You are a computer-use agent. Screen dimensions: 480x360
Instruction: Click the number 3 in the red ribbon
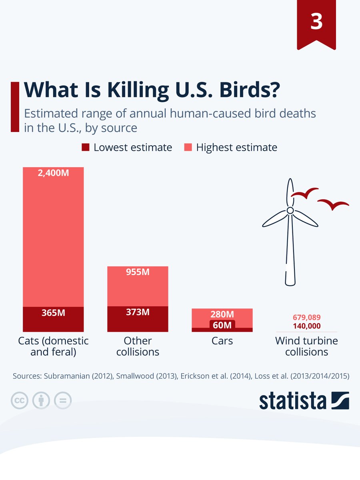pyautogui.click(x=316, y=22)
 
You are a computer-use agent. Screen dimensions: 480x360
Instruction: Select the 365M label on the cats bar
pyautogui.click(x=53, y=313)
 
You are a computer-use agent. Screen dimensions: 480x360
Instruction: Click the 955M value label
pyautogui.click(x=138, y=272)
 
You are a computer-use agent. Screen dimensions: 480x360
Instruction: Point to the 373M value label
pyautogui.click(x=138, y=312)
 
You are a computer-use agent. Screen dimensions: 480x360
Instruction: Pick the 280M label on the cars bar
pyautogui.click(x=222, y=315)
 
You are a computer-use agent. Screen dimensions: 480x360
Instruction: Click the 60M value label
pyautogui.click(x=222, y=325)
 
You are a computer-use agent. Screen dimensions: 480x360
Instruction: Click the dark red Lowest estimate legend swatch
pyautogui.click(x=85, y=147)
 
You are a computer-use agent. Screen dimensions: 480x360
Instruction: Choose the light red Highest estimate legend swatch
pyautogui.click(x=188, y=147)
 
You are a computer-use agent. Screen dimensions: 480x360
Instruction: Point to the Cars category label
pyautogui.click(x=222, y=341)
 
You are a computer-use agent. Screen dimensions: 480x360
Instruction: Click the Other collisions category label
pyautogui.click(x=138, y=346)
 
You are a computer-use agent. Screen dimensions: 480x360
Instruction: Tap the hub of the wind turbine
pyautogui.click(x=290, y=210)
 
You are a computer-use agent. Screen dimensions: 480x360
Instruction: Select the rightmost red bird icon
pyautogui.click(x=333, y=205)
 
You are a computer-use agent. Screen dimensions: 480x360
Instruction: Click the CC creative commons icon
pyautogui.click(x=19, y=400)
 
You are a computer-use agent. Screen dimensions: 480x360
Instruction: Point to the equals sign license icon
pyautogui.click(x=62, y=400)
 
